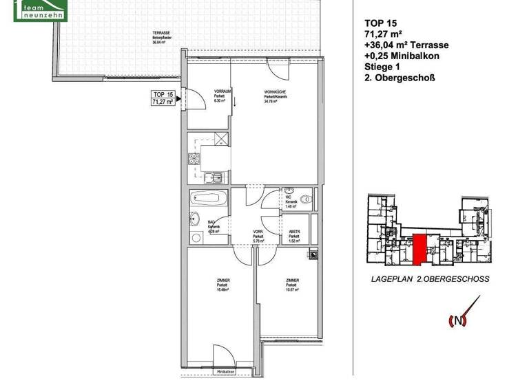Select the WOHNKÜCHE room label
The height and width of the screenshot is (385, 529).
275,96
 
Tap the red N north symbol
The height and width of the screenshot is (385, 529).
456,320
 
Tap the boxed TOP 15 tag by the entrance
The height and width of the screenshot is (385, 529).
163,98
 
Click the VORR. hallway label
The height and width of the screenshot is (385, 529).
258,236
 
